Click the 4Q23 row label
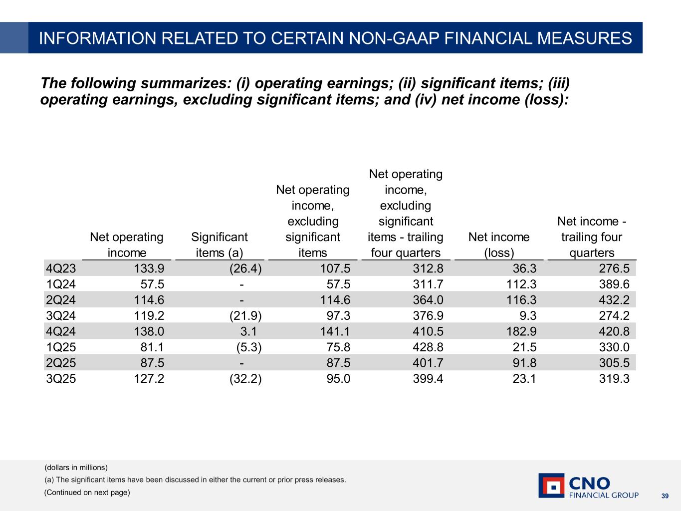point(61,268)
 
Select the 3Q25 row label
point(61,379)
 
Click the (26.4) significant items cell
point(245,268)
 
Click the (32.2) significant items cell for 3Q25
point(245,379)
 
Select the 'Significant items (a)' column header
point(220,245)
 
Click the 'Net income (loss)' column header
point(499,245)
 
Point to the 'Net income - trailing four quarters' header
point(592,237)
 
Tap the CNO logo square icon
point(551,486)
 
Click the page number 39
point(665,496)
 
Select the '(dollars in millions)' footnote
point(76,468)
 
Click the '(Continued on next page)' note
point(87,493)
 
